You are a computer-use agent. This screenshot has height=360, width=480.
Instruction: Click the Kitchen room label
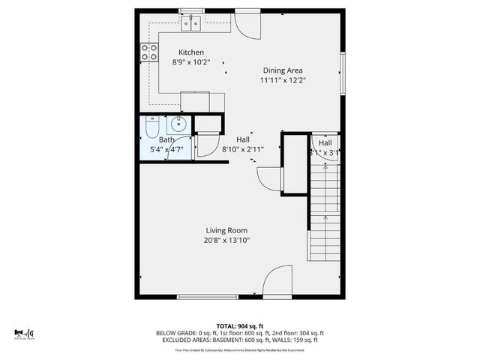click(x=190, y=52)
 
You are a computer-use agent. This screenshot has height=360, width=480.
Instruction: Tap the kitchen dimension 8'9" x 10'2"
click(x=190, y=63)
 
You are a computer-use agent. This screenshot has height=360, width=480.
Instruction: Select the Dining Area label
click(x=283, y=70)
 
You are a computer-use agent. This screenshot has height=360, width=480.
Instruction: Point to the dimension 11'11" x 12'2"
click(x=283, y=79)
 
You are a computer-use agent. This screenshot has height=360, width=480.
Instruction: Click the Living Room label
click(x=226, y=230)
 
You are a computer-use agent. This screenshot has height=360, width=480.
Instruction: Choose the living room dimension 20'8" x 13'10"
click(x=226, y=241)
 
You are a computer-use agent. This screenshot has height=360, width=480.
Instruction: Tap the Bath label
click(x=166, y=139)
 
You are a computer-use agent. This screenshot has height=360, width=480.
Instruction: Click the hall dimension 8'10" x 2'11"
click(x=243, y=149)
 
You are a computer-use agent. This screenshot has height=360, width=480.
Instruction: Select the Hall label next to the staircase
click(x=325, y=142)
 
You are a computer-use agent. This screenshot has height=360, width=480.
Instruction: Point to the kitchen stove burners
click(x=149, y=52)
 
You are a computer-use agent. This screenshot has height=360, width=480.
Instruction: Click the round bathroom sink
click(x=179, y=124)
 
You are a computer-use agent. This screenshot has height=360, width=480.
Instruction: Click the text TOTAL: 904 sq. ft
click(x=239, y=325)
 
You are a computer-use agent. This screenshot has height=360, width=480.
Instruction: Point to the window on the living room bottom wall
click(x=200, y=297)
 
